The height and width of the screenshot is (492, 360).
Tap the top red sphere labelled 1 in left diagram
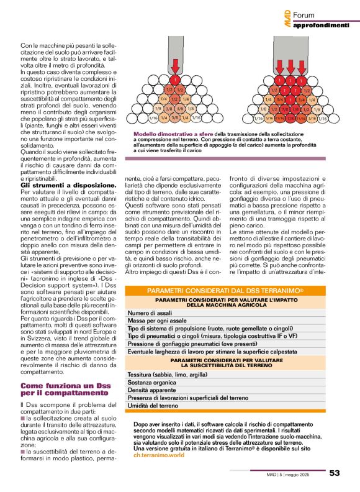click(x=175, y=80)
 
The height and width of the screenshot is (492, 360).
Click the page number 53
click(x=335, y=473)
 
